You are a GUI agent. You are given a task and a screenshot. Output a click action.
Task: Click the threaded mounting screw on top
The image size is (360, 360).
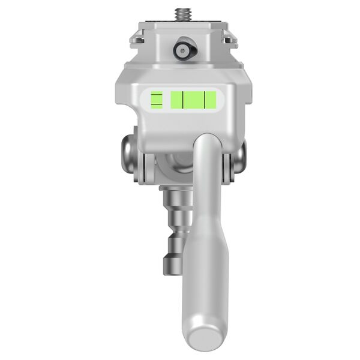tap(179, 13)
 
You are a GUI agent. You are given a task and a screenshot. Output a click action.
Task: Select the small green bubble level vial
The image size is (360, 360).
tap(156, 99)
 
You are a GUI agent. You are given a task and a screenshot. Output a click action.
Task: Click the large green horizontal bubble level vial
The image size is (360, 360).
tap(193, 99)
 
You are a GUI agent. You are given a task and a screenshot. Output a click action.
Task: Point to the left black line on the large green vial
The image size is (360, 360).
tap(184, 99)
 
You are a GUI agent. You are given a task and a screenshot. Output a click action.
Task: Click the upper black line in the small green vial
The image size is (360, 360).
tap(156, 95)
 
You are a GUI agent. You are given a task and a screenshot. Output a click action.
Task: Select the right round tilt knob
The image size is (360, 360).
tap(238, 157)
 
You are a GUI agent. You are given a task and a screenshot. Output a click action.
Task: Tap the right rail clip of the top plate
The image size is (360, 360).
tap(229, 34)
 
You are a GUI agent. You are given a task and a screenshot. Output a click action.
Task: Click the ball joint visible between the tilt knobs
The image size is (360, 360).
tap(171, 165)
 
